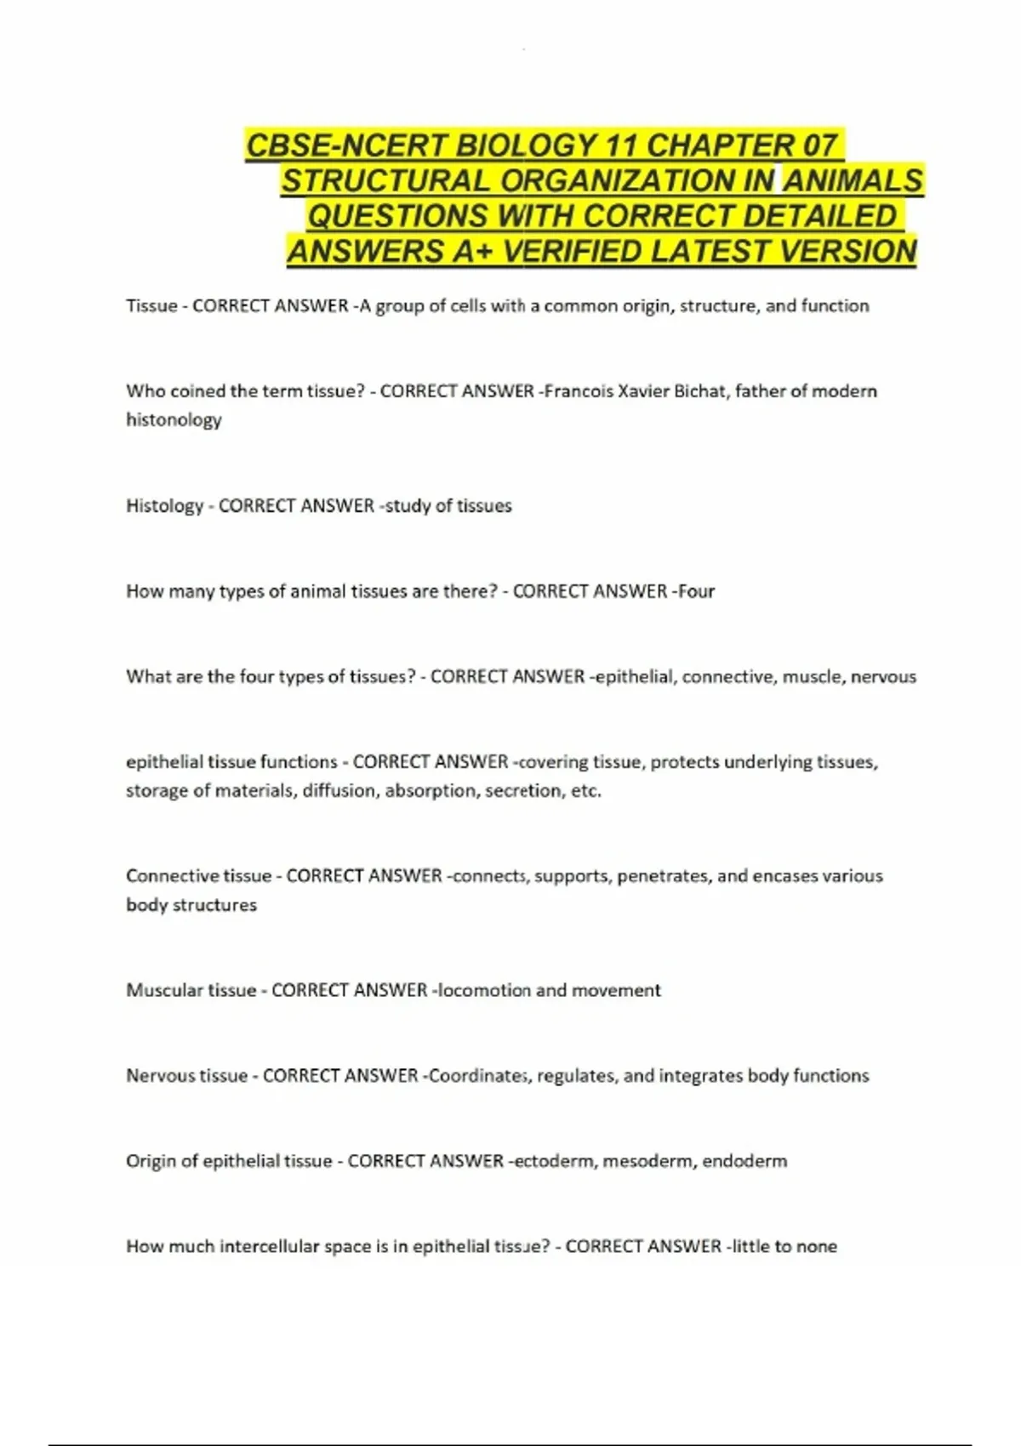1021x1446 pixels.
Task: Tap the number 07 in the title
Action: [x=819, y=145]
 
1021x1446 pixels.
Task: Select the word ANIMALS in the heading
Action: [x=853, y=180]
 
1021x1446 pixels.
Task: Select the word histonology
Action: [x=174, y=420]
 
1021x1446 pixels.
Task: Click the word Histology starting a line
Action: [x=164, y=506]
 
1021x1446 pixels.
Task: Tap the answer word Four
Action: [x=696, y=591]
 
